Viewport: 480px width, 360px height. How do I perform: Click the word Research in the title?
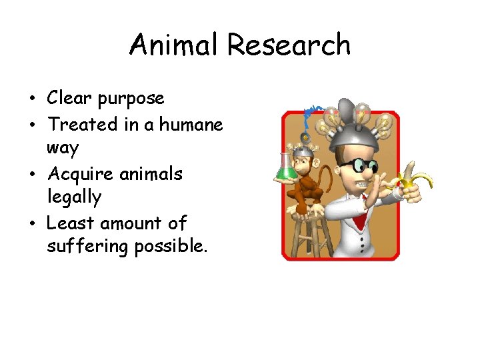pyautogui.click(x=289, y=45)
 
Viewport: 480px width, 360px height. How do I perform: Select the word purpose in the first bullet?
pyautogui.click(x=131, y=99)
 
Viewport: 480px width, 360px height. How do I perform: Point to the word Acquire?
pyautogui.click(x=81, y=175)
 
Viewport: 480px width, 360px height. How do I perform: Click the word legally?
pyautogui.click(x=74, y=198)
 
